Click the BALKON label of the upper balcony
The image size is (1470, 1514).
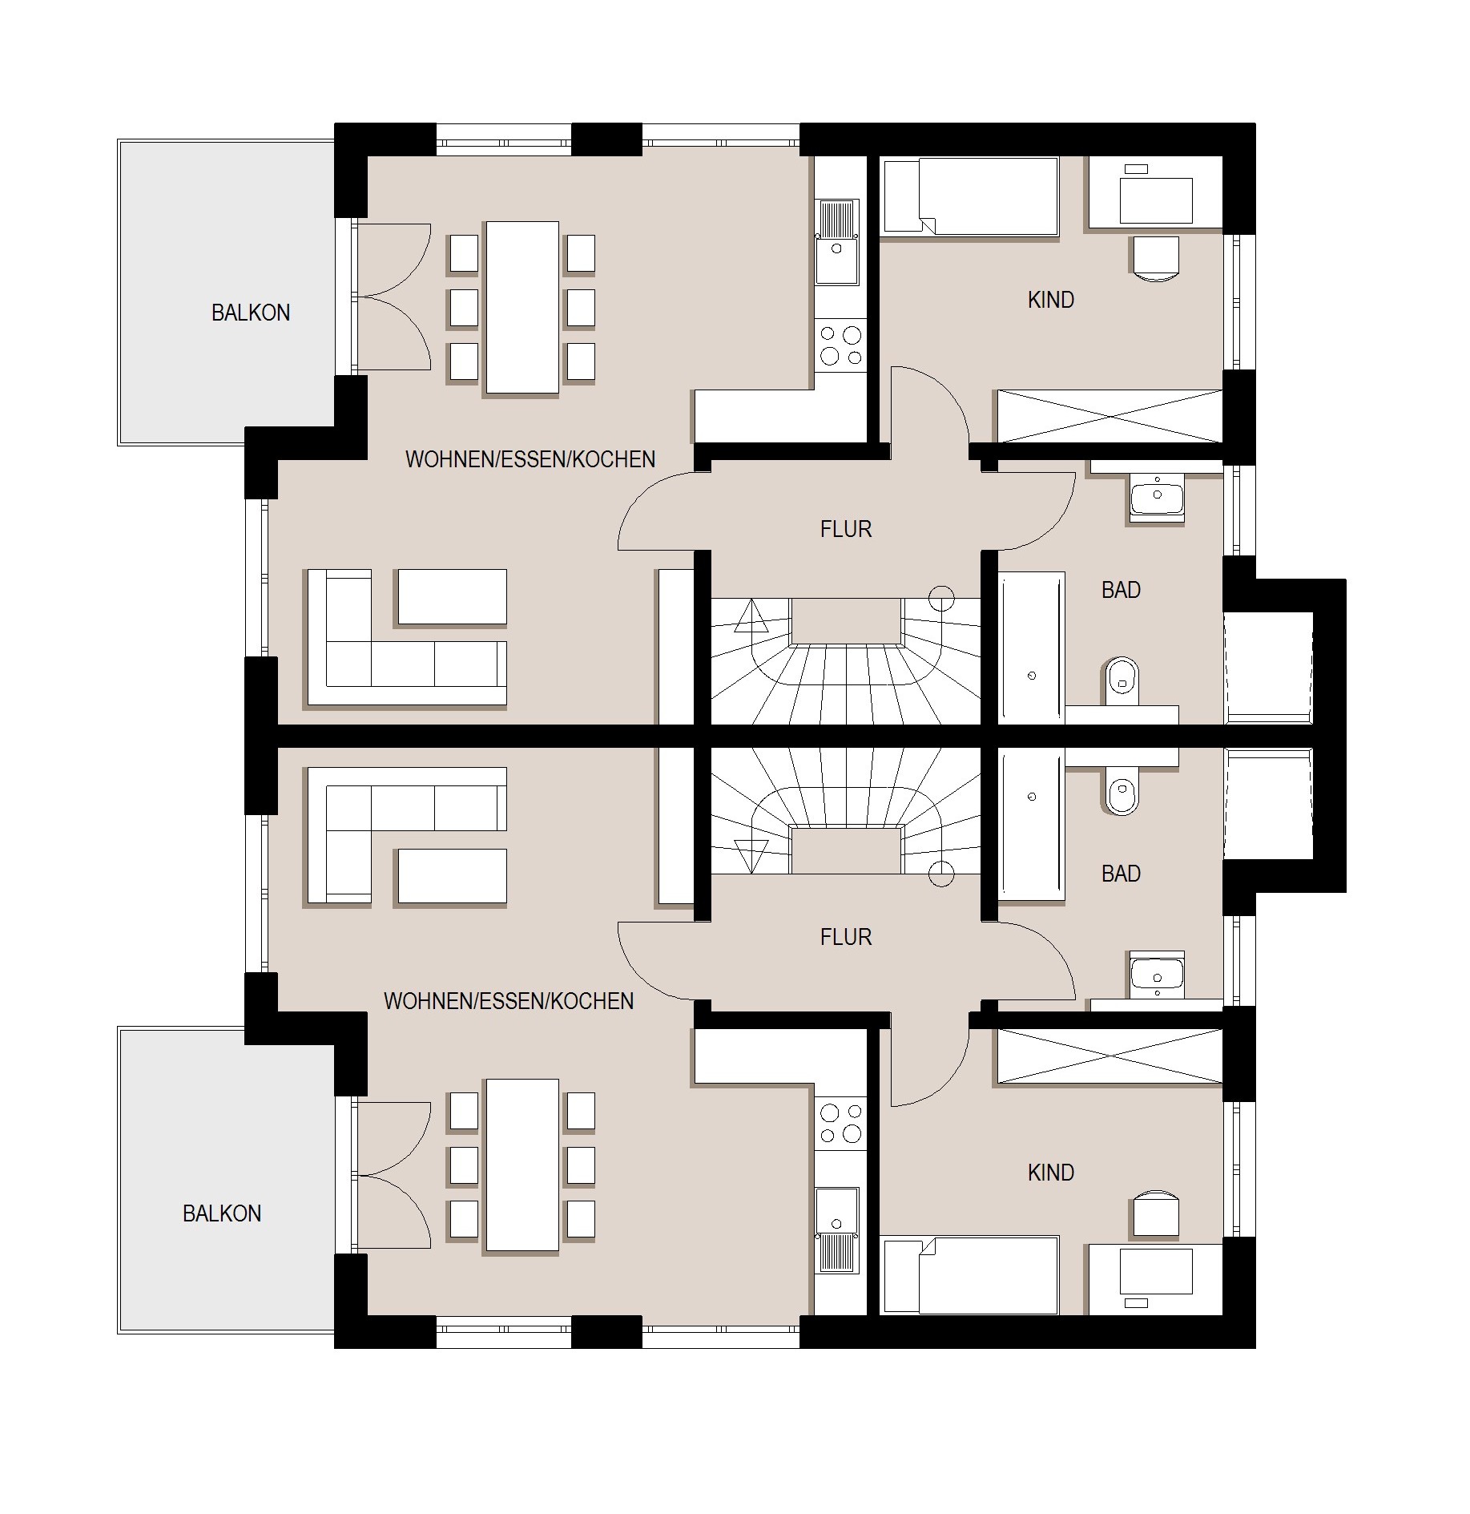coord(251,313)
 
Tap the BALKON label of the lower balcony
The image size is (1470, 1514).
coord(222,1213)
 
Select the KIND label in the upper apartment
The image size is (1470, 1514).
coord(1051,300)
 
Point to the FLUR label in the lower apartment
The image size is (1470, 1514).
coord(846,937)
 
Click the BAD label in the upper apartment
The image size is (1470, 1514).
coord(1121,590)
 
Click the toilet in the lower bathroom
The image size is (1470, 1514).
coord(1122,791)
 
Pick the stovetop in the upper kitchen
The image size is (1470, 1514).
coord(841,345)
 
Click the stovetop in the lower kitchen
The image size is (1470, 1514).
coord(841,1123)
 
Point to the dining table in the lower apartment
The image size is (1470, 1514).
coord(522,1165)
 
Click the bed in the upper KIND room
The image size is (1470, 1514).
coord(969,196)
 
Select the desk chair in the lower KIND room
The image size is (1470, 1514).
coord(1156,1213)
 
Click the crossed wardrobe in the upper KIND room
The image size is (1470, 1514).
coord(1110,416)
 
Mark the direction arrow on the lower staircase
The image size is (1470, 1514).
coord(751,855)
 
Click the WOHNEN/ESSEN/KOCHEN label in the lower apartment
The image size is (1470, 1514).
coord(509,1001)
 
